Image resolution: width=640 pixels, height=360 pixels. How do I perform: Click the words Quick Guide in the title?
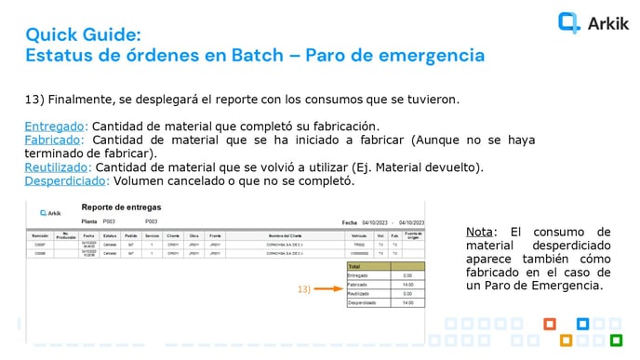click(x=83, y=34)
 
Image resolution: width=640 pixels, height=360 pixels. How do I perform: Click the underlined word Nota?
click(x=480, y=232)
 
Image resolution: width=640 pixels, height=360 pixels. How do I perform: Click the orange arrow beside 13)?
click(x=326, y=289)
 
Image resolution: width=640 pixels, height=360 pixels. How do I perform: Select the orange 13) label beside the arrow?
click(x=303, y=289)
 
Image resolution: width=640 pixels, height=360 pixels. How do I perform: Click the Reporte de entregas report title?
click(x=121, y=207)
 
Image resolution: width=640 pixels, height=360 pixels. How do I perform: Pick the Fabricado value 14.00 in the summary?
click(x=407, y=284)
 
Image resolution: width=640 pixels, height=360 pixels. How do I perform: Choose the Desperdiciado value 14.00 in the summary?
click(x=407, y=302)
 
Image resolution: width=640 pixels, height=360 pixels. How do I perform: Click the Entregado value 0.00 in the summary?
click(x=407, y=274)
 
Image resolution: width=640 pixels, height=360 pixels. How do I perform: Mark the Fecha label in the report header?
click(x=349, y=223)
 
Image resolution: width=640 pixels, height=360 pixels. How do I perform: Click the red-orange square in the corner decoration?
click(x=550, y=325)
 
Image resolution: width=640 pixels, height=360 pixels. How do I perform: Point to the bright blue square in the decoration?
click(x=582, y=325)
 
